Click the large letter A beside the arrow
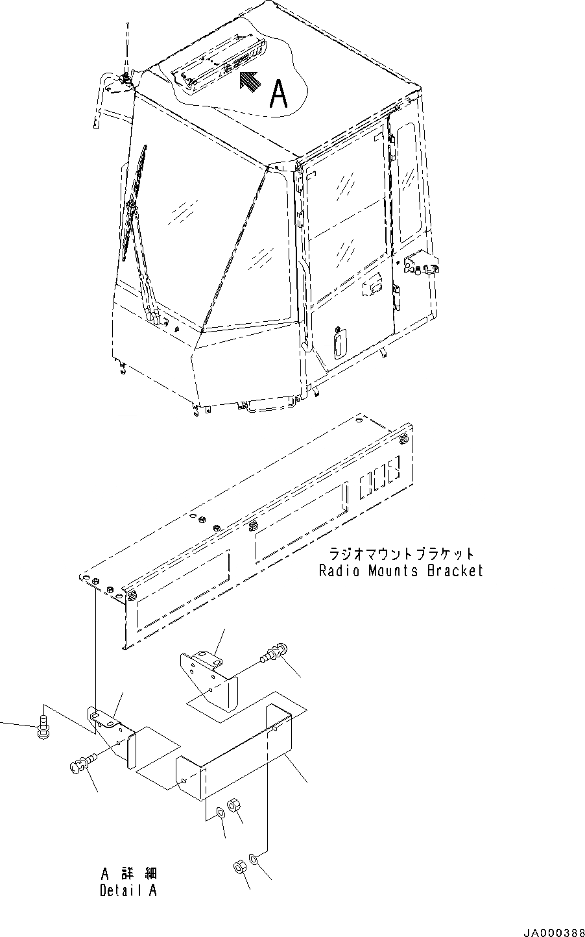(x=279, y=93)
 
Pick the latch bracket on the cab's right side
(x=420, y=265)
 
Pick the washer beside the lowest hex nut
(x=252, y=860)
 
